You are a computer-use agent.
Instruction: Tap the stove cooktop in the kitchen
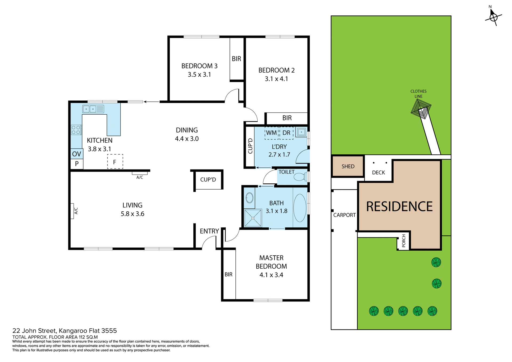76,130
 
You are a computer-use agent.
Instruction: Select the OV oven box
77,154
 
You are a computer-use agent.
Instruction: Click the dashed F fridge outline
115,162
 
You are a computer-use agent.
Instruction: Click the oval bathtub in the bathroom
300,208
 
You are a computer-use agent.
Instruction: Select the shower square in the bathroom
253,218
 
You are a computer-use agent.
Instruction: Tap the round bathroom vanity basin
249,198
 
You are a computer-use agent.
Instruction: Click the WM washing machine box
271,133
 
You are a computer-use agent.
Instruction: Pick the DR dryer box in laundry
286,133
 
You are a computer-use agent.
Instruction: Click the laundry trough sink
302,132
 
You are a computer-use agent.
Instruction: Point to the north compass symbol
493,17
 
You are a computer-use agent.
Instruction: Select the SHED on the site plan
348,166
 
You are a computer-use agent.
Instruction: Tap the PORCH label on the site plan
403,241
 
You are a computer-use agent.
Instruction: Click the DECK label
378,172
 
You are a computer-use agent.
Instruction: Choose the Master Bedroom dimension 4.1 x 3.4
271,275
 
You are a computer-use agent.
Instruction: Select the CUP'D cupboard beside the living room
208,180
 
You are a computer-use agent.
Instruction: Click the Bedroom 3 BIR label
236,59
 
